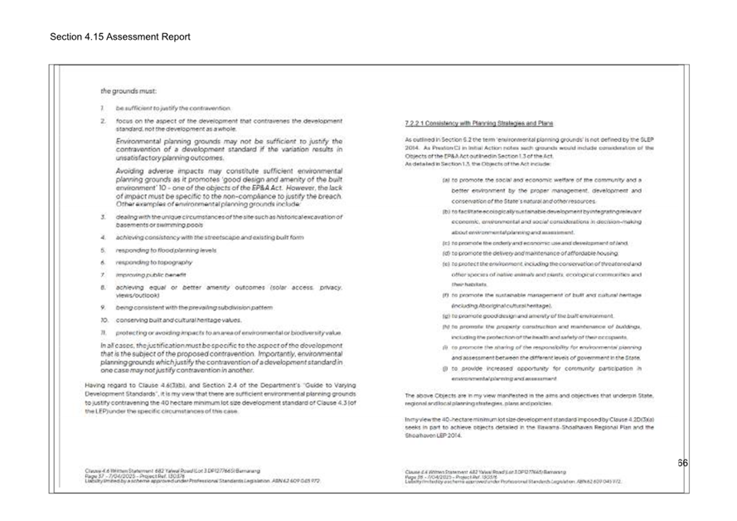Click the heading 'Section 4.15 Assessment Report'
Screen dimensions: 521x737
point(119,37)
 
